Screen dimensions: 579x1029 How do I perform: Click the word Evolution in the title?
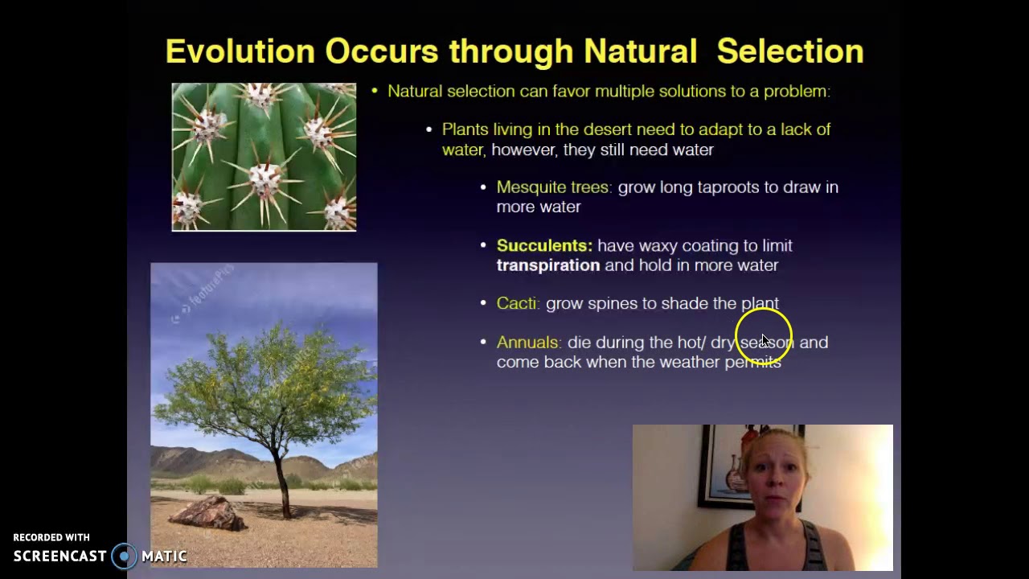tap(240, 51)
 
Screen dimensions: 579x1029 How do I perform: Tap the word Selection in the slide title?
tap(789, 51)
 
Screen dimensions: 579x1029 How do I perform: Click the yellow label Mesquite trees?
tap(553, 187)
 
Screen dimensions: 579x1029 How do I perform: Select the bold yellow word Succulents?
tap(543, 246)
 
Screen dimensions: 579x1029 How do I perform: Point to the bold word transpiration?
tap(547, 265)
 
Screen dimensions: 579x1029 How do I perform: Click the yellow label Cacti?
tap(517, 304)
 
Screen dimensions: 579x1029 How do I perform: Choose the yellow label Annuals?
tap(528, 343)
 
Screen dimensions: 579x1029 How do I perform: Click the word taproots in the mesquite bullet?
tap(728, 187)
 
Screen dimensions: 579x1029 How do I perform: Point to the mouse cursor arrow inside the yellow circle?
tap(765, 341)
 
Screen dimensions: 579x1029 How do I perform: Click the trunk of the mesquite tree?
tap(281, 482)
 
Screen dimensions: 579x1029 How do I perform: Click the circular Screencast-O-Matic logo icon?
tap(125, 556)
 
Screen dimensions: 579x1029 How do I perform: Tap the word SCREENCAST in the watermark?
tap(59, 556)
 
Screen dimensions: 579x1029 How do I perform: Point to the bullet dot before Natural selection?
tap(375, 92)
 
